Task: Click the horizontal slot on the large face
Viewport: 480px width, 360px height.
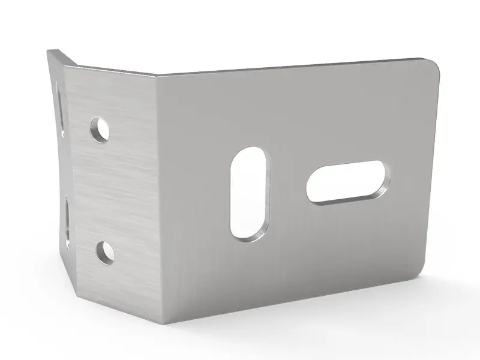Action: (347, 181)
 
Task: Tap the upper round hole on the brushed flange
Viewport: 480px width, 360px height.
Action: (100, 129)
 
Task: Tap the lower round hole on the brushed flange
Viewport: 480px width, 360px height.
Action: (106, 251)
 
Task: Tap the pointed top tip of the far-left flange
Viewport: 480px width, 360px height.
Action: (50, 52)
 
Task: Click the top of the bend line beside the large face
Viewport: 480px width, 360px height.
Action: (157, 76)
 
